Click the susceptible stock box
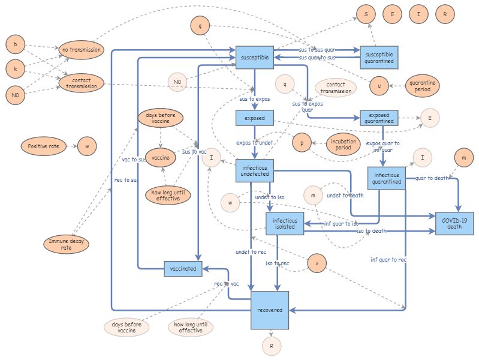255,57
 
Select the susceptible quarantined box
379,57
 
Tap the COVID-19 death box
454,223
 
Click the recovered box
270,310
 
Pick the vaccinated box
183,269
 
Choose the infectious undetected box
255,170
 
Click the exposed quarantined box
379,118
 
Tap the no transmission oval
81,50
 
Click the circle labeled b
15,44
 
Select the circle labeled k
15,70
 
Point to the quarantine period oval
423,86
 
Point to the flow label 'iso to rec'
278,263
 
